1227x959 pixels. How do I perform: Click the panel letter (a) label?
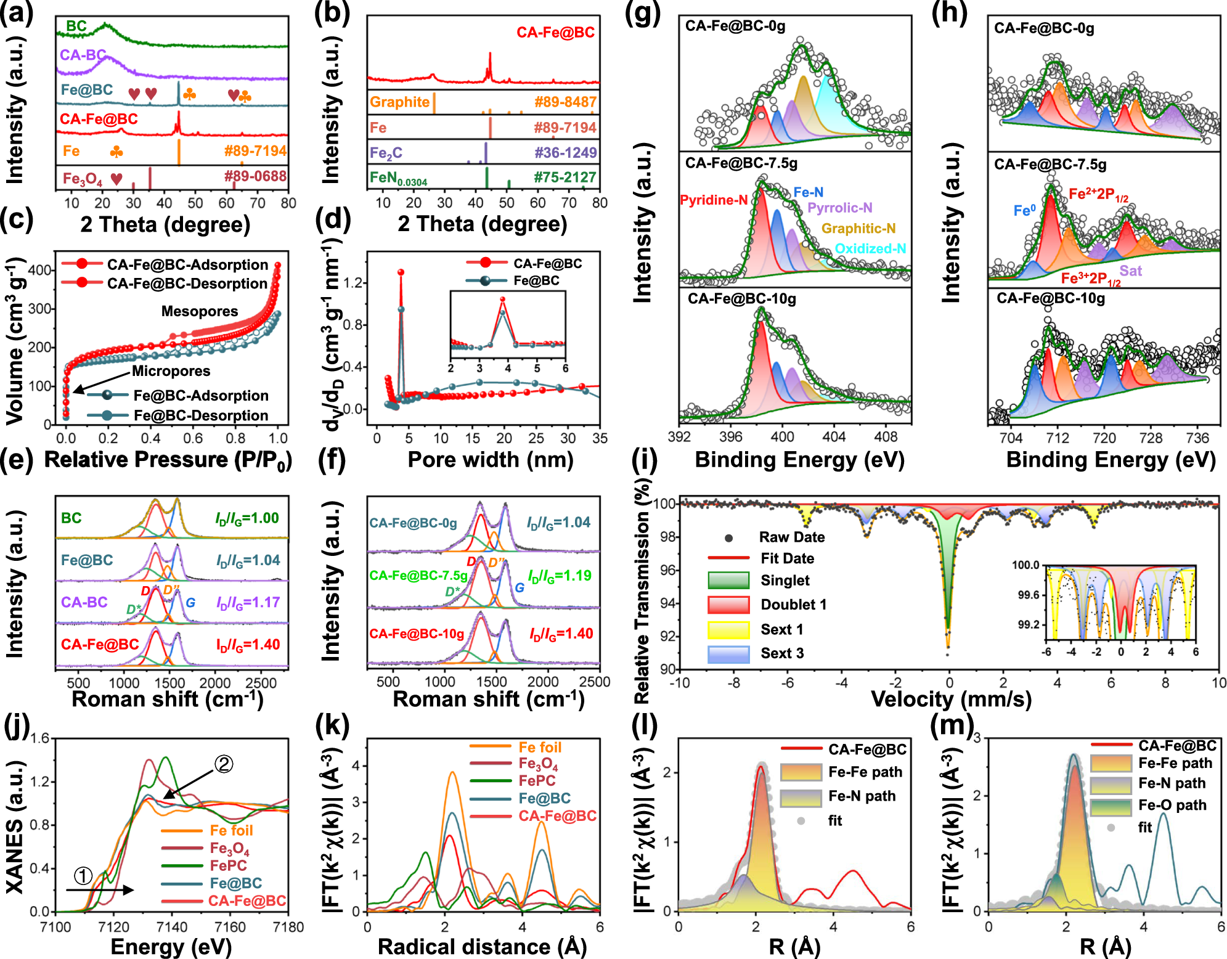pyautogui.click(x=17, y=14)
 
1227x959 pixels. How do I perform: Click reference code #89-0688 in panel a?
pyautogui.click(x=255, y=176)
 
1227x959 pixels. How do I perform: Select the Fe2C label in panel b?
pyautogui.click(x=386, y=152)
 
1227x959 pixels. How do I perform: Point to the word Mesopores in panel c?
pyautogui.click(x=200, y=311)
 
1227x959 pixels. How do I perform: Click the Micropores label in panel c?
pyautogui.click(x=171, y=371)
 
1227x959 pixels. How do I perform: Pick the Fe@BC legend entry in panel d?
pyautogui.click(x=536, y=281)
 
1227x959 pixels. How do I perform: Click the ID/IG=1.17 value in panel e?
pyautogui.click(x=248, y=603)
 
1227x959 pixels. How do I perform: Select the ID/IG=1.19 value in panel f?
pyautogui.click(x=560, y=576)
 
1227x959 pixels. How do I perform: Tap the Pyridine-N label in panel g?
pyautogui.click(x=713, y=200)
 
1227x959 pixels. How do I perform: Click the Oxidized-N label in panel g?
pyautogui.click(x=870, y=249)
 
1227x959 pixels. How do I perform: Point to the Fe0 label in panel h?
pyautogui.click(x=1024, y=211)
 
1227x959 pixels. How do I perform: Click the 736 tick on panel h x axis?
pyautogui.click(x=1197, y=438)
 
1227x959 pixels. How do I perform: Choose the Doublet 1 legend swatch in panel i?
pyautogui.click(x=728, y=605)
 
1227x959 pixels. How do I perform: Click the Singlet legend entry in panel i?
pyautogui.click(x=785, y=581)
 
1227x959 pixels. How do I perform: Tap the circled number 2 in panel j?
pyautogui.click(x=223, y=764)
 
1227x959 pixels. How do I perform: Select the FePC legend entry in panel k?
pyautogui.click(x=537, y=781)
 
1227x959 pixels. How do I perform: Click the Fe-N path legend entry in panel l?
pyautogui.click(x=862, y=796)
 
